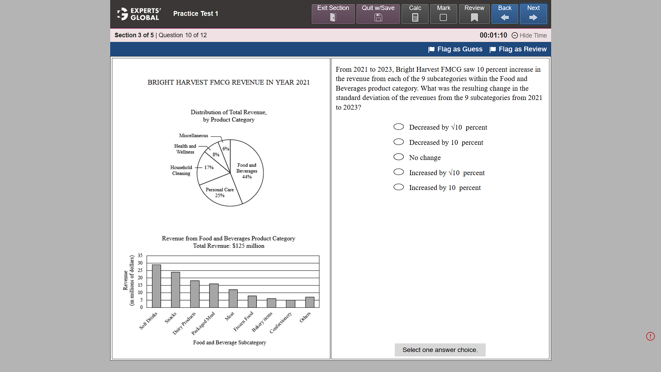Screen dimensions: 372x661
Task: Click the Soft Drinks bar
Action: pos(156,286)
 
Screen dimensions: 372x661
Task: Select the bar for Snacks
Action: pos(176,290)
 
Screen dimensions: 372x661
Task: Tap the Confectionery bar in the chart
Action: pos(290,304)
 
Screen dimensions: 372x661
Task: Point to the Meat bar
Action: pos(233,298)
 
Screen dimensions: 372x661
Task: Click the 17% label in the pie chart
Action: pos(209,168)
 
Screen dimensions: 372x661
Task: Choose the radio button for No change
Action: pos(399,157)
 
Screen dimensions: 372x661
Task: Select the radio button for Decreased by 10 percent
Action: pos(399,142)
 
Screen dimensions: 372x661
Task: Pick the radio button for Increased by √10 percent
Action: pos(399,172)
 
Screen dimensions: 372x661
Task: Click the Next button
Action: pos(533,14)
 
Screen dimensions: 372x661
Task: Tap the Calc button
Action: pos(415,14)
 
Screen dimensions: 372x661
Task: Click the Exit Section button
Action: pos(333,14)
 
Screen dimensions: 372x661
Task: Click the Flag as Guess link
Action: pos(455,49)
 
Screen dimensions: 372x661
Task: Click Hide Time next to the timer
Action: pos(529,36)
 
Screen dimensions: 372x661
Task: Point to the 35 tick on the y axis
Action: pos(140,255)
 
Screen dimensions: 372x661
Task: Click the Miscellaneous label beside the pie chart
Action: pos(194,135)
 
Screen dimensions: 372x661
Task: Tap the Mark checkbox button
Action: pos(444,14)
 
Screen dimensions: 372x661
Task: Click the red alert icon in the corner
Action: pos(650,336)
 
